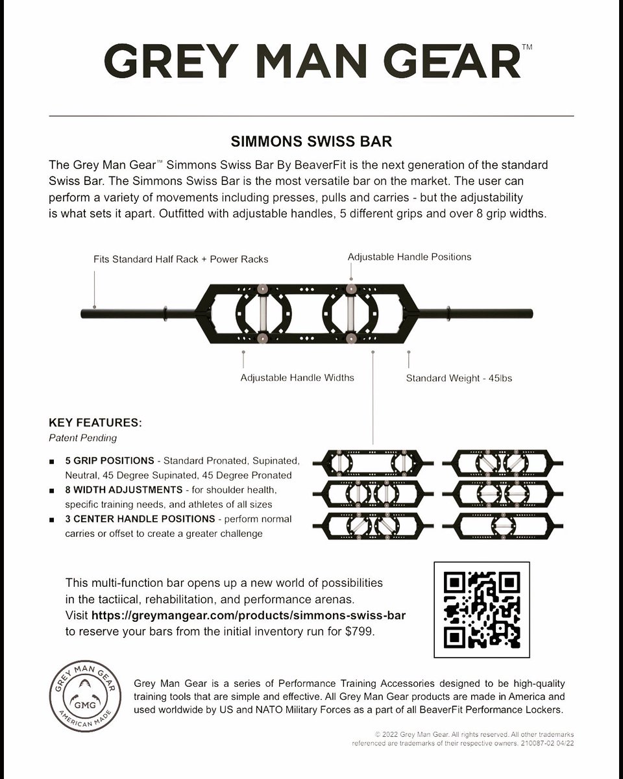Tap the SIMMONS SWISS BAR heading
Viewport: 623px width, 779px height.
(x=311, y=142)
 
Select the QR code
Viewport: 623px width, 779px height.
(x=482, y=610)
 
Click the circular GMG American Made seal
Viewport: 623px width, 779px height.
(x=86, y=696)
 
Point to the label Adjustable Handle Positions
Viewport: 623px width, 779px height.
(x=409, y=257)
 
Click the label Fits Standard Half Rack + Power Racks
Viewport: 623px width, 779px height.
(x=180, y=259)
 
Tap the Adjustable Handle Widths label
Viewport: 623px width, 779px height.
(x=297, y=378)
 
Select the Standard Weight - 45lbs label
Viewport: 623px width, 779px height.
(x=459, y=378)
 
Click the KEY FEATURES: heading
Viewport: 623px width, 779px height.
(x=95, y=423)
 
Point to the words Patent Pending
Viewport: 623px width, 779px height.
(x=83, y=438)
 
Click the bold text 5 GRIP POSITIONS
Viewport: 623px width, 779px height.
(x=110, y=461)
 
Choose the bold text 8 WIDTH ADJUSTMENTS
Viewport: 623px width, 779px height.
(x=124, y=489)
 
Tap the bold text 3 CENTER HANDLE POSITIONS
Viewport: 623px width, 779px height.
(x=140, y=519)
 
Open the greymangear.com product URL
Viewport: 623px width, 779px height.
(x=249, y=615)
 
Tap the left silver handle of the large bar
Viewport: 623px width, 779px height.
(x=262, y=314)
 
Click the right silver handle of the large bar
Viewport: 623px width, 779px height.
(x=350, y=314)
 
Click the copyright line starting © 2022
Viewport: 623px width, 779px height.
(x=474, y=734)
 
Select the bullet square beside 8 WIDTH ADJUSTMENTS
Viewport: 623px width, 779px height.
(x=52, y=491)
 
